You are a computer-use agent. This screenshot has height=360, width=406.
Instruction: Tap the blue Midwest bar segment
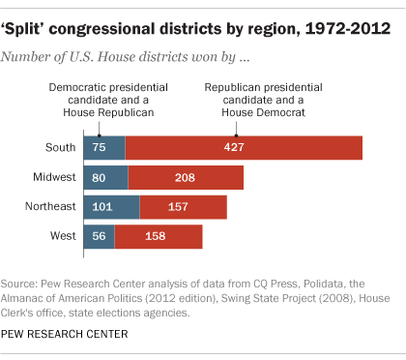pos(101,177)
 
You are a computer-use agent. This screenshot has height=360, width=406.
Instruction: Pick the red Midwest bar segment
pos(186,177)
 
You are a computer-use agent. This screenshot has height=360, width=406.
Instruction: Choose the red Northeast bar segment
pos(184,207)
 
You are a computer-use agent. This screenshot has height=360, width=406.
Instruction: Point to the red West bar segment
pos(159,237)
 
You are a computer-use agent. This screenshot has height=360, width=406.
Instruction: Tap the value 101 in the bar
pos(102,207)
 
